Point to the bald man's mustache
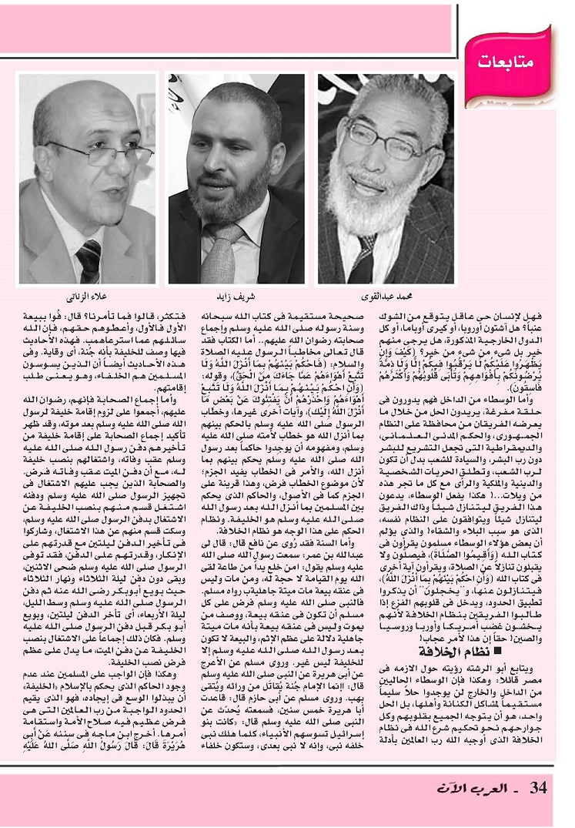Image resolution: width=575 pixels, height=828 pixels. pyautogui.click(x=92, y=183)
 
